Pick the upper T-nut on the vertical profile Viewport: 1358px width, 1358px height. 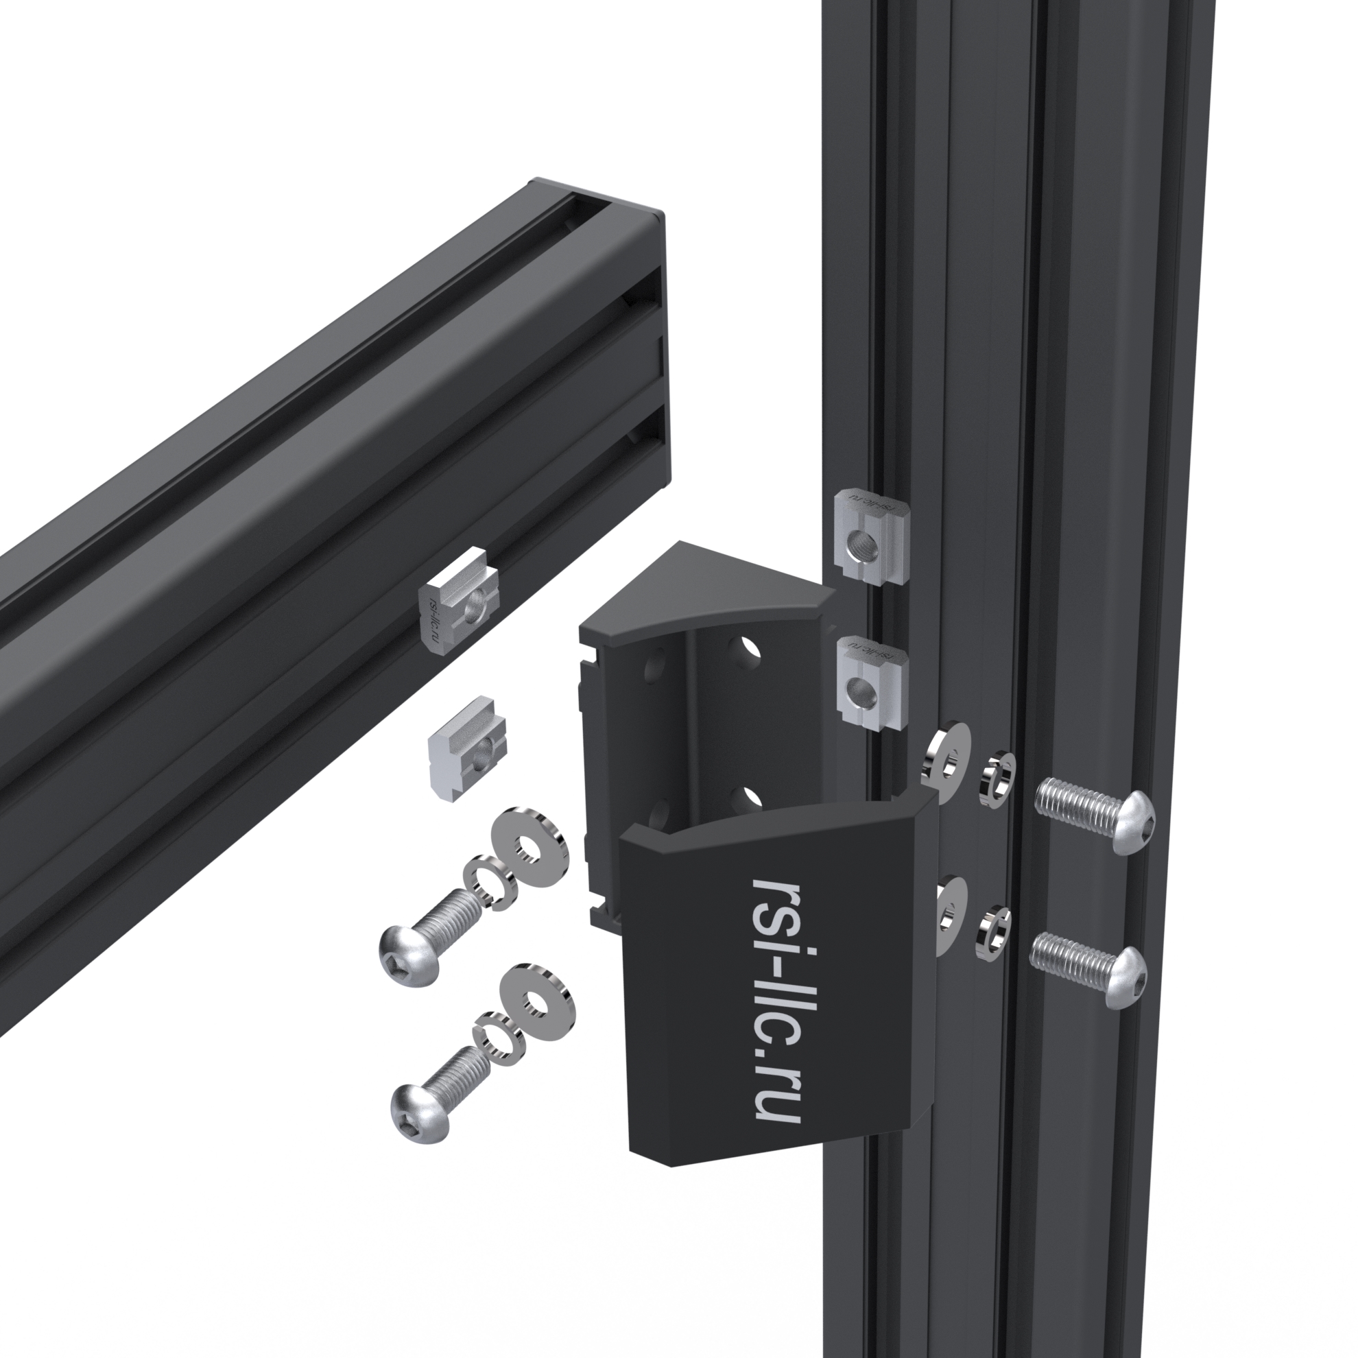(x=872, y=536)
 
